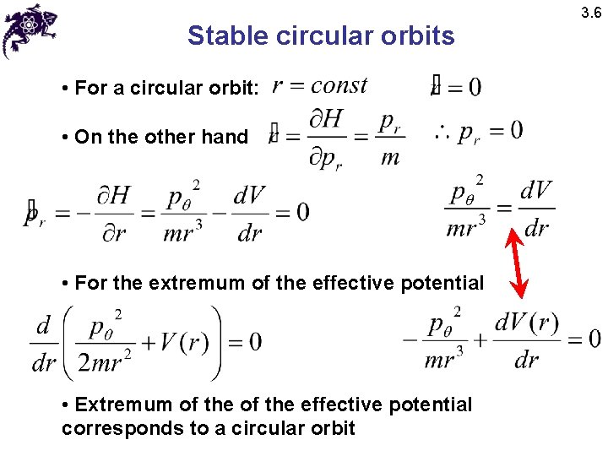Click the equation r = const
click(x=319, y=85)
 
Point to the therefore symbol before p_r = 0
click(x=442, y=132)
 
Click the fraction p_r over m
click(x=389, y=139)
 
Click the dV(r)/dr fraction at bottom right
click(x=527, y=341)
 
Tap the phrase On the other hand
click(x=161, y=137)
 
